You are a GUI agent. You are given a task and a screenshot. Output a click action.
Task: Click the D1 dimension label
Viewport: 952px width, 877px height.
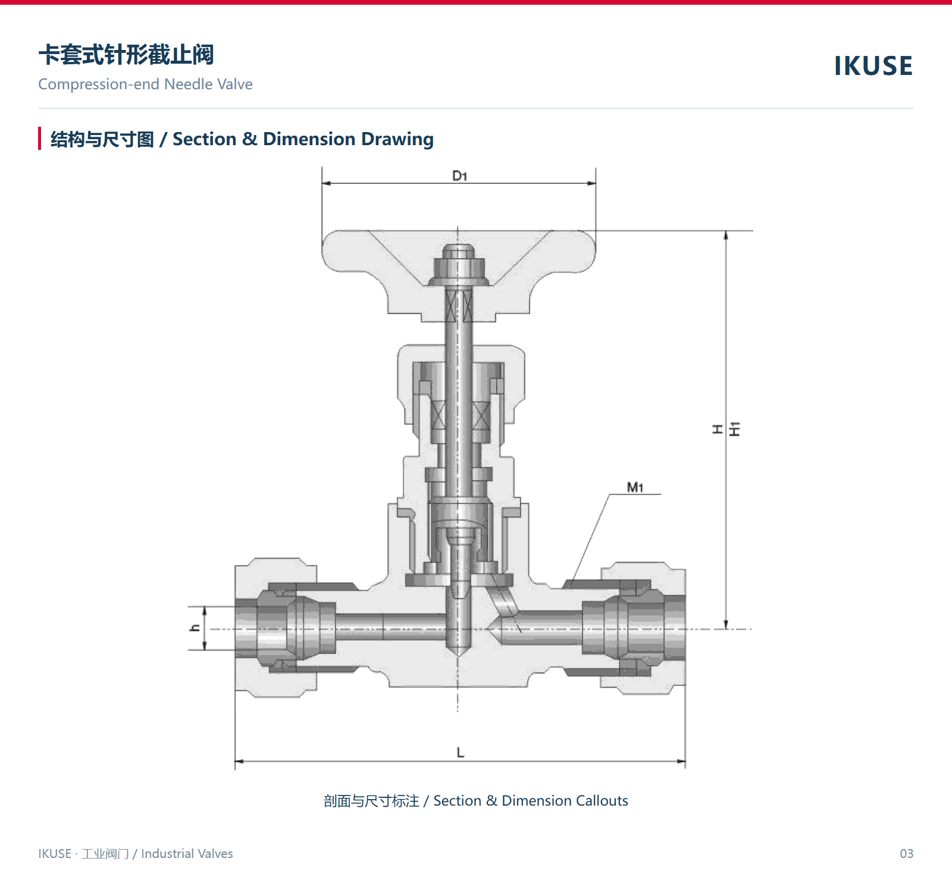(459, 176)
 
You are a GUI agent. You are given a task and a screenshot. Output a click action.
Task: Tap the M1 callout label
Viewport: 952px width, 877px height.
(635, 487)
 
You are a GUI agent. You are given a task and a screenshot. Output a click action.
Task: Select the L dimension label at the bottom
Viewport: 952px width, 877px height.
(460, 753)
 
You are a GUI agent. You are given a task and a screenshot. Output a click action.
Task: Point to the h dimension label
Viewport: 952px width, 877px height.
(195, 628)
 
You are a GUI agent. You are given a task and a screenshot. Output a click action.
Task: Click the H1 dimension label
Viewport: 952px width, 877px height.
(735, 429)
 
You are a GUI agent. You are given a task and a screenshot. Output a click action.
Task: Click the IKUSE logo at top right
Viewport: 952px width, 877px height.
(873, 65)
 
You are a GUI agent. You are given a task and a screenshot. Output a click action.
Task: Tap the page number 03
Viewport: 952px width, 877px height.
(906, 853)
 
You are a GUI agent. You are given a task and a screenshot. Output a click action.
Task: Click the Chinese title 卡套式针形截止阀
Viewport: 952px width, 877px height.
(126, 55)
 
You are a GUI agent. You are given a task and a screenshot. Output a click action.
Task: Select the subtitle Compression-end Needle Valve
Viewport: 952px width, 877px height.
(145, 84)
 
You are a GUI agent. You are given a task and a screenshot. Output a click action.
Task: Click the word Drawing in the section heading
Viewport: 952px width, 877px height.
(397, 139)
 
